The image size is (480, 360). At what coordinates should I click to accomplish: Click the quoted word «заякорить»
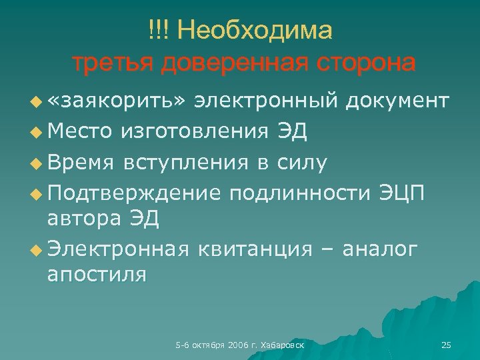click(x=121, y=101)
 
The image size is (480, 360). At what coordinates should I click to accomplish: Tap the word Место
click(x=79, y=131)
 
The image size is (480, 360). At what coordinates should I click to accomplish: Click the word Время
click(x=79, y=161)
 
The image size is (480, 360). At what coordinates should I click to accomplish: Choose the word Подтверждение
click(x=134, y=193)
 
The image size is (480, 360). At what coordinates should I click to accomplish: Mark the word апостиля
click(x=97, y=274)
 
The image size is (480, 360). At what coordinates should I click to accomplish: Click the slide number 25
click(x=446, y=345)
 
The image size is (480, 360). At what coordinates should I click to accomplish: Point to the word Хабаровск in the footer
click(x=283, y=345)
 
